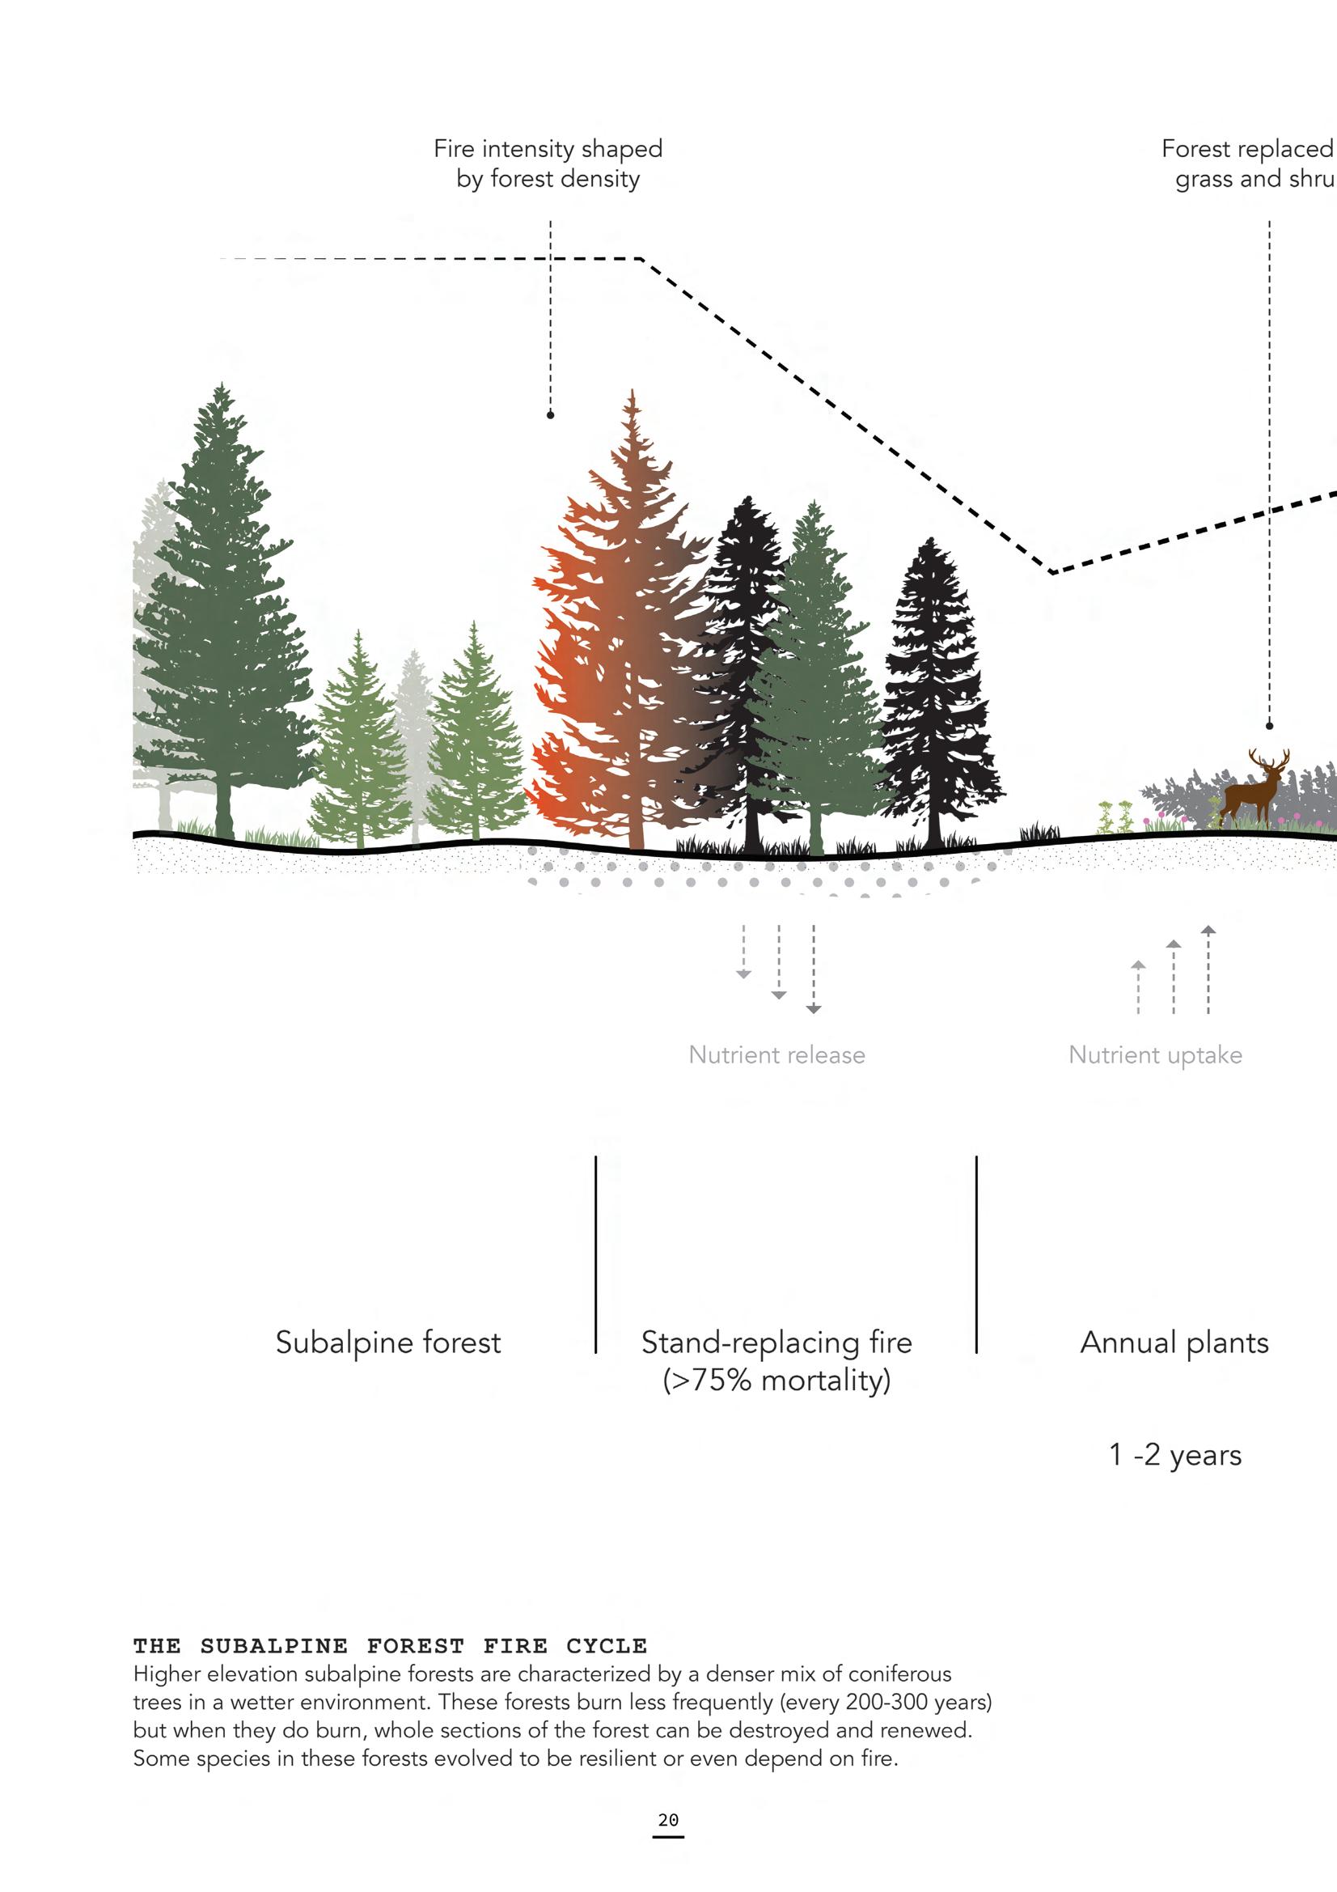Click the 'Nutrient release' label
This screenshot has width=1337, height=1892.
click(776, 1054)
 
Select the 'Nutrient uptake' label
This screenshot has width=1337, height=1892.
click(1155, 1054)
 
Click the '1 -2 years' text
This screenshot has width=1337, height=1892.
click(1174, 1454)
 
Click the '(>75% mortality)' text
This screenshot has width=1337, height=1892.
click(776, 1381)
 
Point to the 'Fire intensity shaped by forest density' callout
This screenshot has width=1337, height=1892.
click(548, 163)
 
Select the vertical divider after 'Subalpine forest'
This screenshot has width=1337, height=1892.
click(595, 1253)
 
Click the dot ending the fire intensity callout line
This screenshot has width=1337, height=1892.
click(550, 415)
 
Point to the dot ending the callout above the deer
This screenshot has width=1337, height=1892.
click(1269, 726)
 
